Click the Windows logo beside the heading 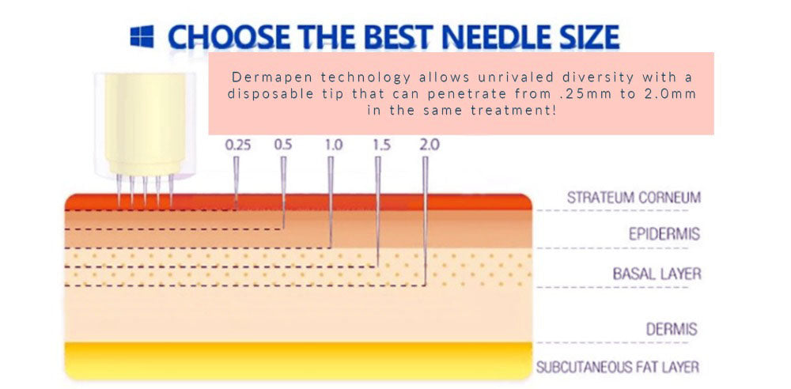click(142, 37)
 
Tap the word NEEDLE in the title click(487, 37)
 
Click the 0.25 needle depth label click(237, 145)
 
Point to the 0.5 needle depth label click(283, 145)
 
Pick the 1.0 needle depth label click(334, 145)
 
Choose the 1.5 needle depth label click(381, 145)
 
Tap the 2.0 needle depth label click(430, 145)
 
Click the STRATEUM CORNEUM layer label click(634, 198)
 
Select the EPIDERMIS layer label click(664, 234)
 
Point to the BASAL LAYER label click(657, 274)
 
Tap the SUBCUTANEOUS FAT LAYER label click(618, 367)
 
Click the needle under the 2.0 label click(426, 221)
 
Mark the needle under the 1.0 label click(331, 202)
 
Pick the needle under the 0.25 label click(236, 183)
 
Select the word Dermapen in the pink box click(263, 77)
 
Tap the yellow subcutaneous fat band click(298, 361)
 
